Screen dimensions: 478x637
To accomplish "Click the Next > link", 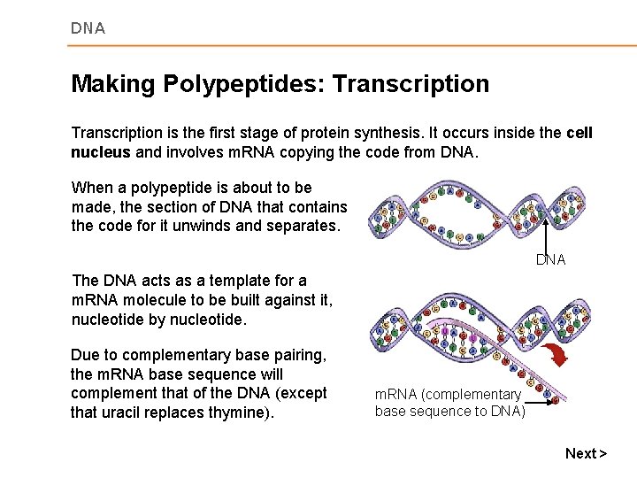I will pyautogui.click(x=586, y=453).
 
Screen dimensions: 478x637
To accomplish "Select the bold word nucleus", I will pyautogui.click(x=100, y=152).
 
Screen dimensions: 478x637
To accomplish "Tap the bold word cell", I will pyautogui.click(x=579, y=133).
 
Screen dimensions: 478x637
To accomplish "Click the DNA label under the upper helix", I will pyautogui.click(x=550, y=260).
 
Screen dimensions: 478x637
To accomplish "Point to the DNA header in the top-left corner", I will pyautogui.click(x=88, y=28).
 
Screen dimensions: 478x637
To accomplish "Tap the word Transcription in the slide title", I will pyautogui.click(x=411, y=84).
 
